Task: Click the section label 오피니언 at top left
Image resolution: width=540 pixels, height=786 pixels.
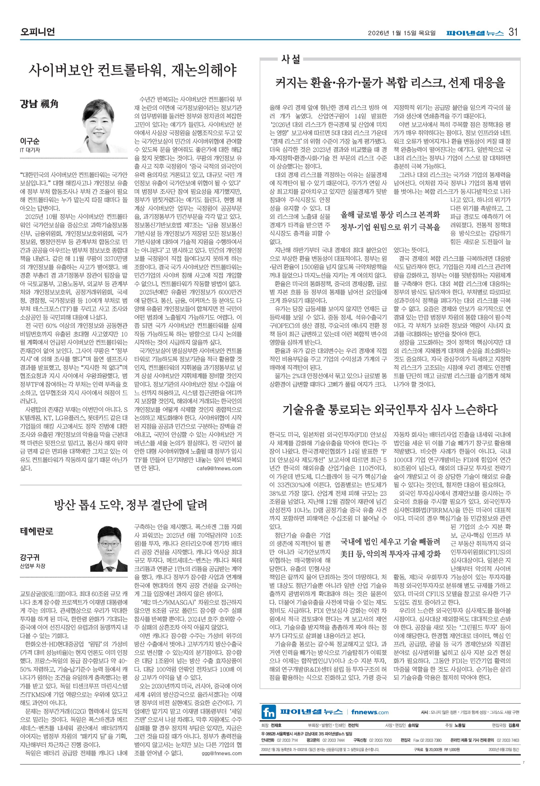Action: coord(37,32)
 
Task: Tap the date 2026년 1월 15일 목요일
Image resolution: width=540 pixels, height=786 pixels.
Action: coord(402,33)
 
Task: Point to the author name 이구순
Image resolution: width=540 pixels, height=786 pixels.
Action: coord(30,141)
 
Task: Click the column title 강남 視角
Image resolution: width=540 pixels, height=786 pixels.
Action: coord(39,104)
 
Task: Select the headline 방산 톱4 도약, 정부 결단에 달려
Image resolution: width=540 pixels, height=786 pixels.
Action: coord(130,505)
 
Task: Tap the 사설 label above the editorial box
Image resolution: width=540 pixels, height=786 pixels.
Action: coord(291,60)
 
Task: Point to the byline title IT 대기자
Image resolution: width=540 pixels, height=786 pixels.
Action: coord(30,150)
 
